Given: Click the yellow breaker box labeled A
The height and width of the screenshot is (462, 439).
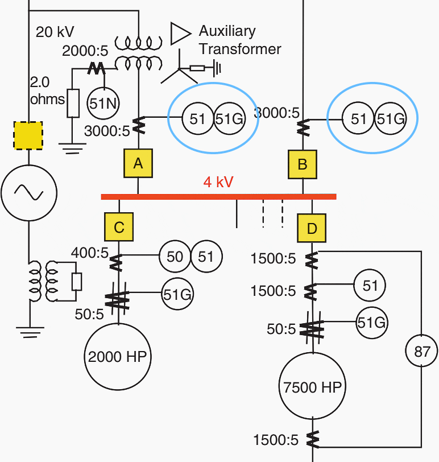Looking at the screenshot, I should tap(138, 164).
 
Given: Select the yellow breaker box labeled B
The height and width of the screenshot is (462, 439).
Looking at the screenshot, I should tap(303, 164).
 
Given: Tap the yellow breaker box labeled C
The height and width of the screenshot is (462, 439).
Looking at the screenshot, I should tap(119, 227).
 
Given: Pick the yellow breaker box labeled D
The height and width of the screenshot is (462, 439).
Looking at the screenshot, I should tap(312, 229).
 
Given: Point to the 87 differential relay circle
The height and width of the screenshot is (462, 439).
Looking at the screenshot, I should tap(421, 352).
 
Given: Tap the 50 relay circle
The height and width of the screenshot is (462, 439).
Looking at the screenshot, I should tap(175, 257).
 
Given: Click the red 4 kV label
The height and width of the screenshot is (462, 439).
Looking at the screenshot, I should tap(218, 182).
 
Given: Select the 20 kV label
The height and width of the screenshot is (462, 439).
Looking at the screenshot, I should tap(55, 32).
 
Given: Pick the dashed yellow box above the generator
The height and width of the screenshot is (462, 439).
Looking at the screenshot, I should tap(28, 136).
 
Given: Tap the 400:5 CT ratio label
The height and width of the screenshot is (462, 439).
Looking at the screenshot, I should tap(89, 252).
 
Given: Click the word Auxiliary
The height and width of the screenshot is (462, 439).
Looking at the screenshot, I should tap(227, 31).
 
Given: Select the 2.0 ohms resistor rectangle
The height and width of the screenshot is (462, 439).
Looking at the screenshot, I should tap(73, 103).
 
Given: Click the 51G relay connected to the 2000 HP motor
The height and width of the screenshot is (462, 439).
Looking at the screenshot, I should tap(177, 294).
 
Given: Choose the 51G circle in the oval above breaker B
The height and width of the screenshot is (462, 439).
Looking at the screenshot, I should tap(390, 119).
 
